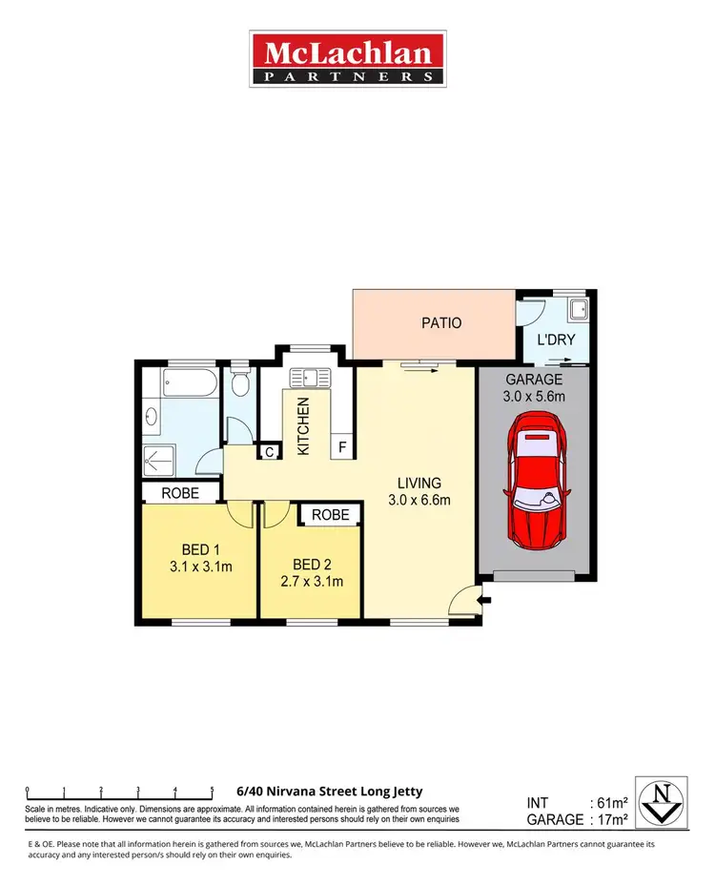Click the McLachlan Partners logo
click(347, 59)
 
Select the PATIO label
click(441, 323)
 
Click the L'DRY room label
click(556, 340)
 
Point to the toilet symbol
click(241, 385)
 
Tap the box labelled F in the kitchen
click(340, 447)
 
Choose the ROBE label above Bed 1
click(179, 493)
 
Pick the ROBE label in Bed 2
click(330, 515)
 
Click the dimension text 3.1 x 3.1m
click(201, 567)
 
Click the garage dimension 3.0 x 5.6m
click(535, 396)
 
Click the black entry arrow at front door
click(486, 600)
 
